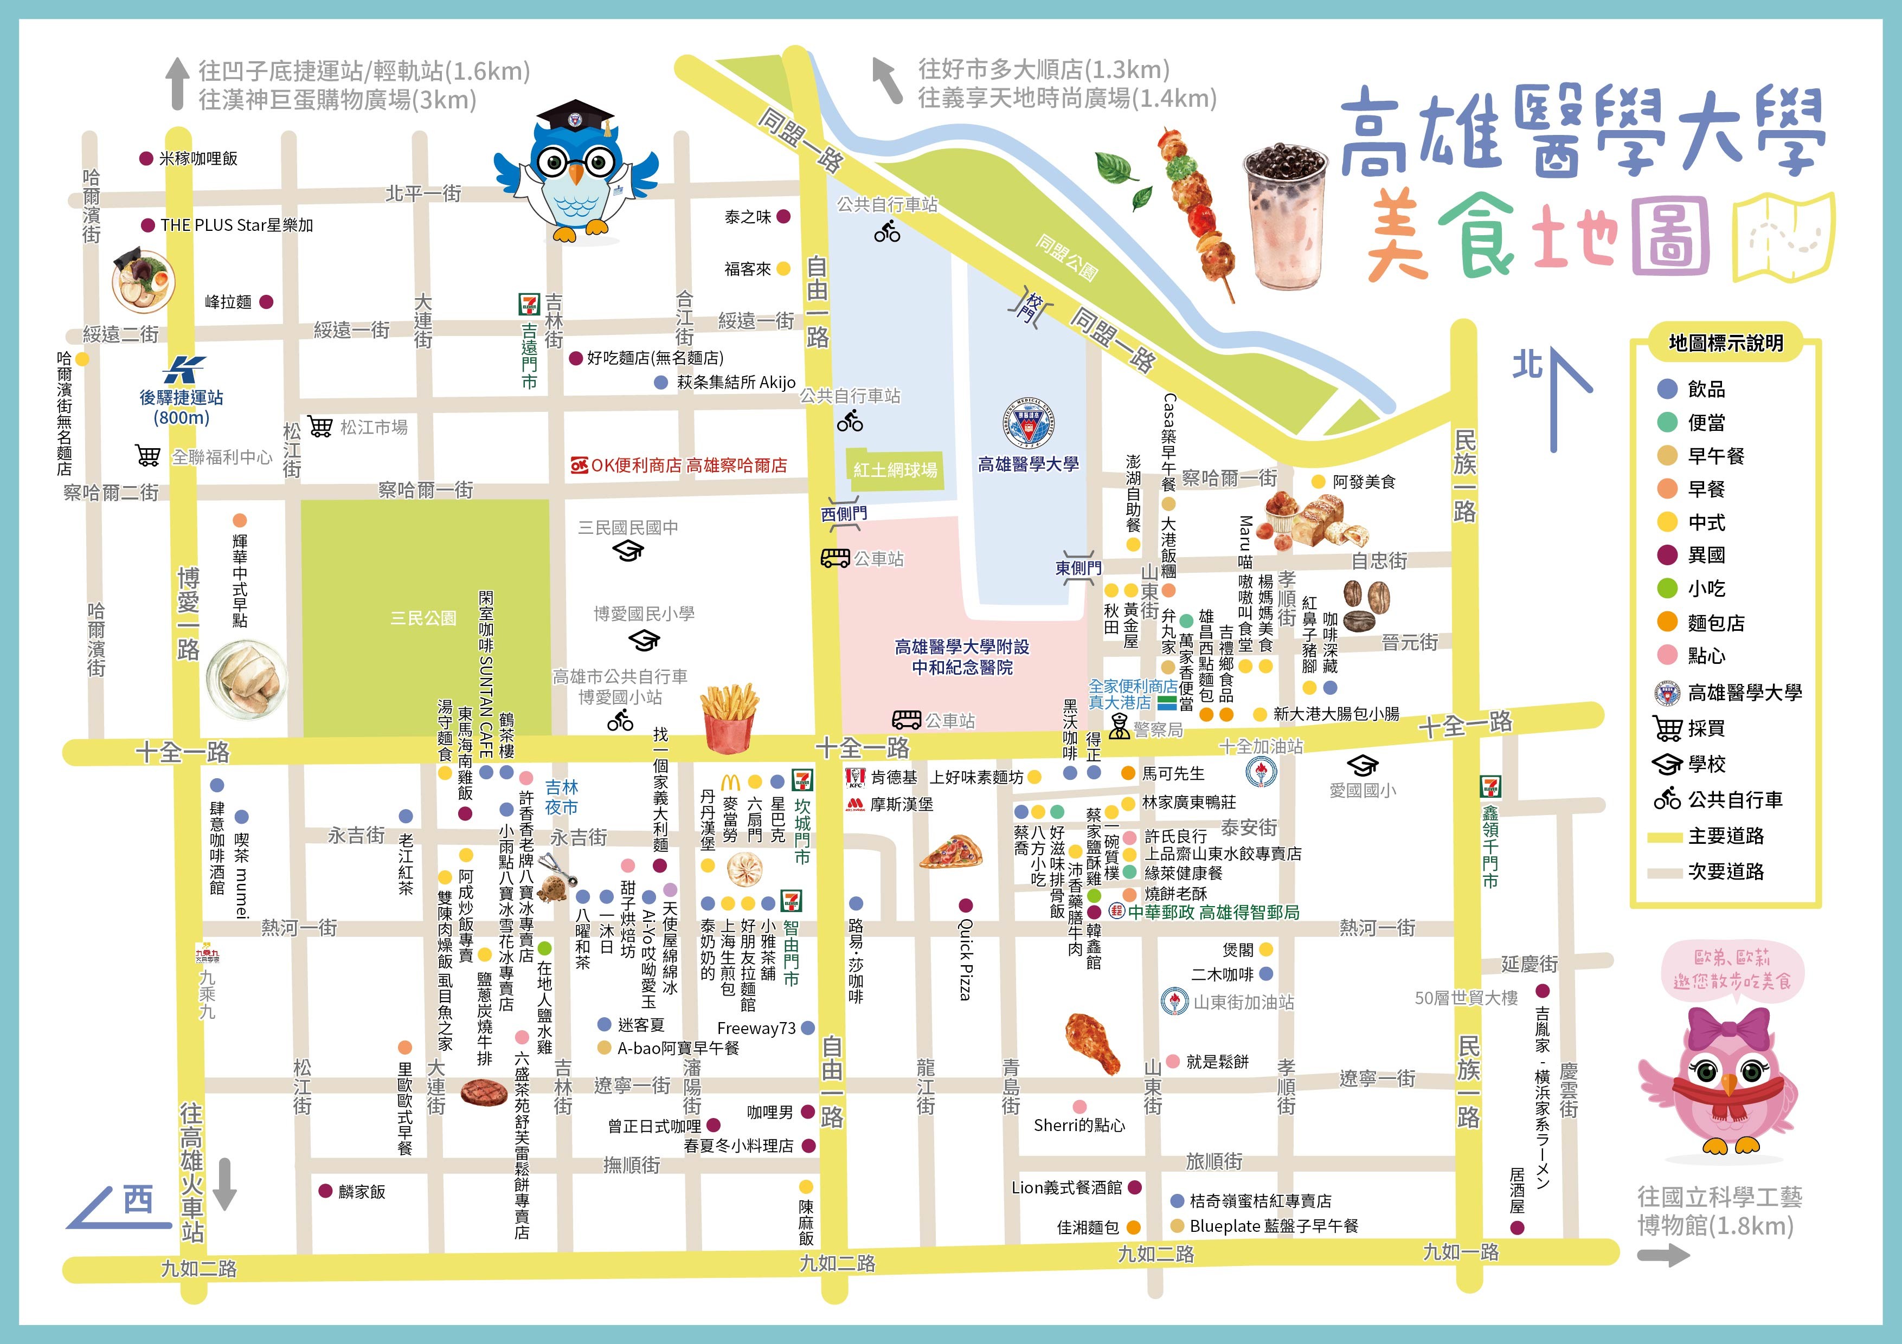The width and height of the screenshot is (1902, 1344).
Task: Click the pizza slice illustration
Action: coord(951,852)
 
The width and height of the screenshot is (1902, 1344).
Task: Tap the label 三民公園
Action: coord(423,618)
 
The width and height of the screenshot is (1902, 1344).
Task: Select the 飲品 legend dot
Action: coord(1668,389)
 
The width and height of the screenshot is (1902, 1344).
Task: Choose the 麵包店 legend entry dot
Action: coord(1668,622)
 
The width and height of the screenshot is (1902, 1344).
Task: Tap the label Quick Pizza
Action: coord(965,959)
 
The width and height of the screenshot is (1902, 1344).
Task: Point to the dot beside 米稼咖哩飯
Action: coord(146,158)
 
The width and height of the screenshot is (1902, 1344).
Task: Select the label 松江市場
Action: coord(374,427)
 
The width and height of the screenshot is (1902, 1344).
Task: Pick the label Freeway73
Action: coord(755,1029)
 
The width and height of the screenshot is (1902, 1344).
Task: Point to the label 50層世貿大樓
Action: coord(1466,998)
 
